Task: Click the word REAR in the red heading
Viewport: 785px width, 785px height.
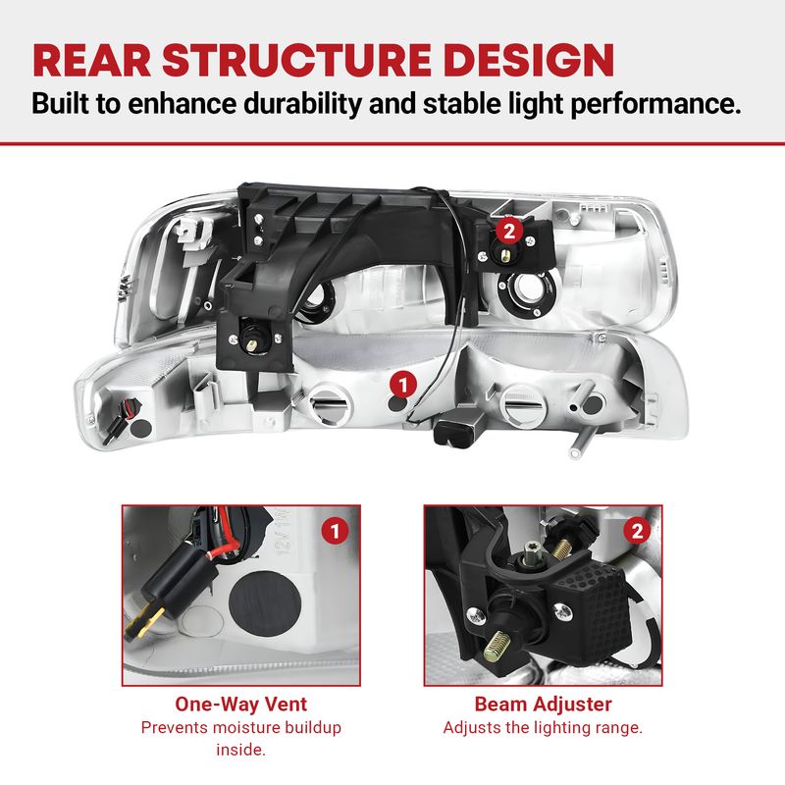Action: (92, 61)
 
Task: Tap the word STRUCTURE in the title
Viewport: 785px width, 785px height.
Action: (297, 61)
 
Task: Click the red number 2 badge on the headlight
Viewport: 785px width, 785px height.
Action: (509, 232)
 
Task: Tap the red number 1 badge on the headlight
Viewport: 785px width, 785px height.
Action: (403, 386)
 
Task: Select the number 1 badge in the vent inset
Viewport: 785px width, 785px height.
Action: (335, 531)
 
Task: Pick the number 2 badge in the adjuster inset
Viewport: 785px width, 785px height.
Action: (637, 531)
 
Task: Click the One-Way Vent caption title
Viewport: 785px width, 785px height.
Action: (240, 705)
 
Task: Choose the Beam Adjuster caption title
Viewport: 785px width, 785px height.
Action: (544, 705)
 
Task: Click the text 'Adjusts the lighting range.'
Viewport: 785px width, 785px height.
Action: (543, 727)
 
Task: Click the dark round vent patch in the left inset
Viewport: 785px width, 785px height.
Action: (265, 603)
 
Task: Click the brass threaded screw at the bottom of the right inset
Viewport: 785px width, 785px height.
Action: (497, 645)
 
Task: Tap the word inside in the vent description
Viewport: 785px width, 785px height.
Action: (240, 750)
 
